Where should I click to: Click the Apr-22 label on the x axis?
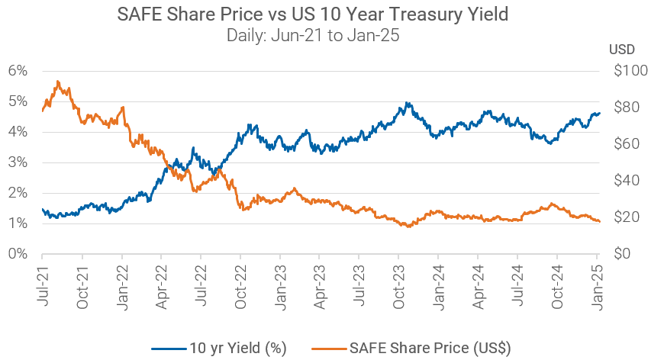pos(161,284)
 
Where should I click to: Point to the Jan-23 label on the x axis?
pos(280,284)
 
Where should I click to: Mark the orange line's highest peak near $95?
pos(56,81)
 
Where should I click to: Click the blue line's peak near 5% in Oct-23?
pos(408,103)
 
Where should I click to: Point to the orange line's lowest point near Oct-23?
pos(409,227)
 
